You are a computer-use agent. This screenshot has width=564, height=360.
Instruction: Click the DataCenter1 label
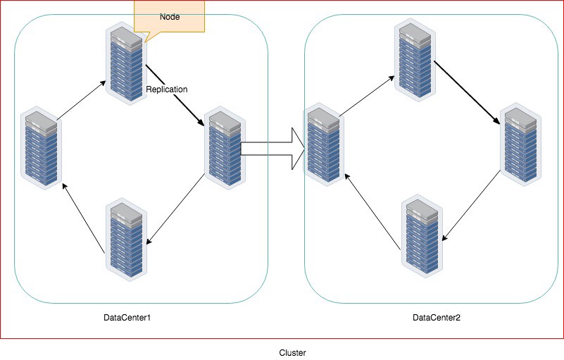[127, 318]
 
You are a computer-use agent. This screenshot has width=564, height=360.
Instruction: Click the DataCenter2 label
[436, 318]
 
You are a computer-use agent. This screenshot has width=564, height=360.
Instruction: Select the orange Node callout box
[170, 17]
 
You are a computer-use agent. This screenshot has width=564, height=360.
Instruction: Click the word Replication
[167, 90]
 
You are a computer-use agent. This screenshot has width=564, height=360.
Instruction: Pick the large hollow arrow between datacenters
[271, 149]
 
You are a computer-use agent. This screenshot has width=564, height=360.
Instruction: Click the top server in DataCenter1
[126, 63]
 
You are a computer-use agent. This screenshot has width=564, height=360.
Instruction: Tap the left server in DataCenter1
[40, 147]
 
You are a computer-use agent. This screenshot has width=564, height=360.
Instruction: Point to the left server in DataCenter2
[322, 147]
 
